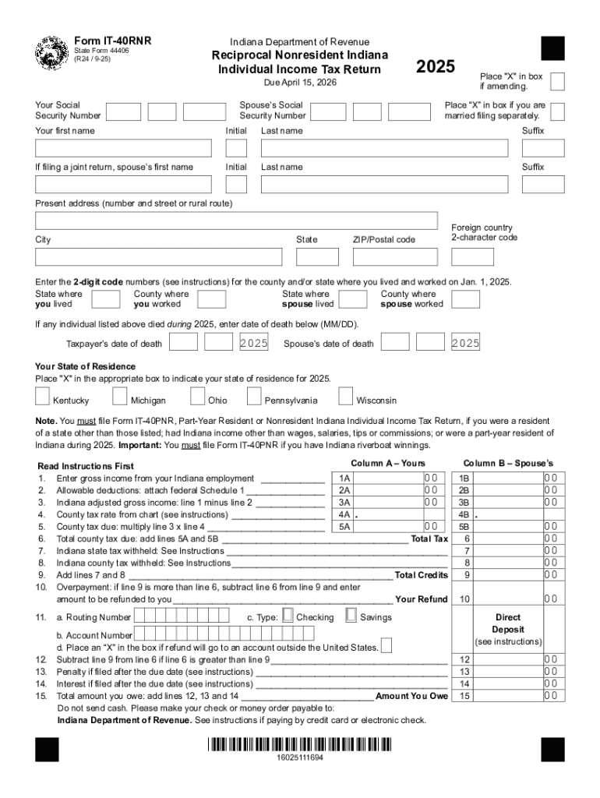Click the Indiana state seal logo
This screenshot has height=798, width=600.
[x=51, y=54]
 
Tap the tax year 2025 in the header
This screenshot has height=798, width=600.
[x=436, y=67]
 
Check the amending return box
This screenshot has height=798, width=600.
[x=557, y=81]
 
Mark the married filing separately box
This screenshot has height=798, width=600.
[x=557, y=111]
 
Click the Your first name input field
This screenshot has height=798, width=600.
[x=123, y=148]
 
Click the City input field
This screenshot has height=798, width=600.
[x=159, y=257]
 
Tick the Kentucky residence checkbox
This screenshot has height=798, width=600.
[x=42, y=397]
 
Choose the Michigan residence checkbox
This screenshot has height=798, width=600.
[x=120, y=397]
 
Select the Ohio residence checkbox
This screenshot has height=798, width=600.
[x=198, y=397]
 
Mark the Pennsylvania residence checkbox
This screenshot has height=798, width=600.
[x=253, y=397]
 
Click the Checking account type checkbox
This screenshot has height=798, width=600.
[x=288, y=616]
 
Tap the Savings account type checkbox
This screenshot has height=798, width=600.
[x=350, y=616]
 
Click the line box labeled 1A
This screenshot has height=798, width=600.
[x=344, y=478]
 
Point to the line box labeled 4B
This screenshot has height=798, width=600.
[x=464, y=514]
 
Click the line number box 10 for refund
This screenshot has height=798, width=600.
[x=465, y=599]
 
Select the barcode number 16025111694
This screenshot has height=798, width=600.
[x=300, y=757]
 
